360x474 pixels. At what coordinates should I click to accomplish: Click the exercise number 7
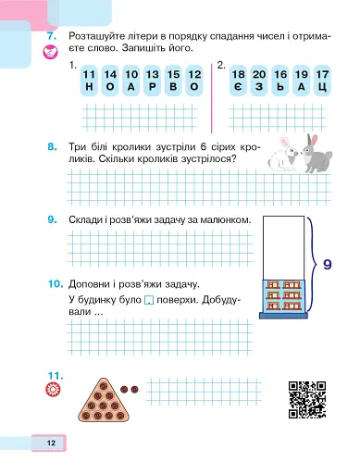coord(51,37)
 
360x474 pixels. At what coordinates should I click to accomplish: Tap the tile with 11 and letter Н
coord(89,79)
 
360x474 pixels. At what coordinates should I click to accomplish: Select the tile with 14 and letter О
coord(110,79)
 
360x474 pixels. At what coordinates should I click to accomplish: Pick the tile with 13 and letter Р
coord(152,79)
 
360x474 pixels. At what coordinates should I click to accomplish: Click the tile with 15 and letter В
coord(172,79)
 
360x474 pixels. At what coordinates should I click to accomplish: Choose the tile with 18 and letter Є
coord(239,79)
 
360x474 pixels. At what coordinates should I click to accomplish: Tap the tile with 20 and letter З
coord(259,79)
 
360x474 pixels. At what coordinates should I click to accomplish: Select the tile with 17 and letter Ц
coord(321,79)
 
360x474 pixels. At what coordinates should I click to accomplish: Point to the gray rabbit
coord(315,154)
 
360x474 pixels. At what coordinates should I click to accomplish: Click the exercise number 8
coord(51,146)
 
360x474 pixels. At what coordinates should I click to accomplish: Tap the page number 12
coord(51,443)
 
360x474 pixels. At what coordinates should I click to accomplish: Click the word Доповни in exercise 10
coord(93,284)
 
